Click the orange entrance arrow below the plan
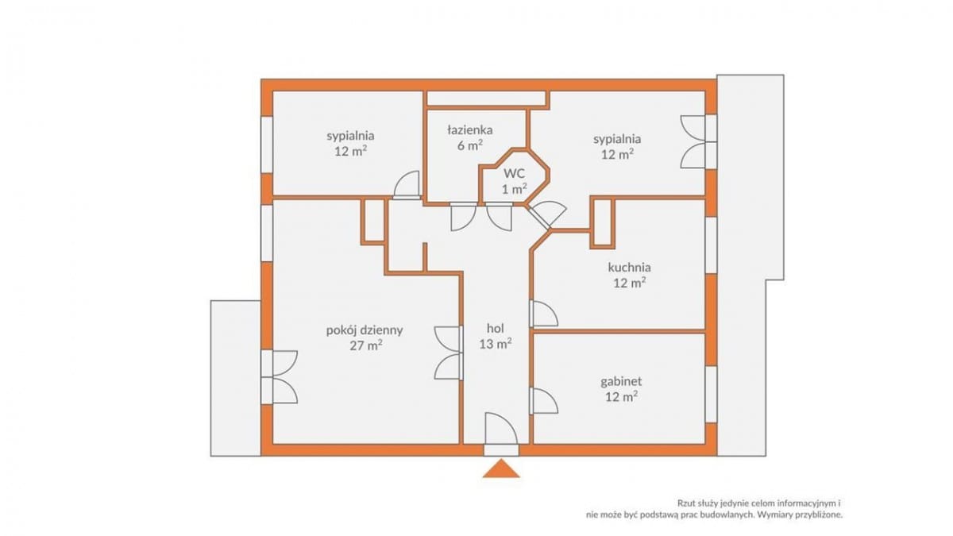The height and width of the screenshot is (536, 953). point(501,469)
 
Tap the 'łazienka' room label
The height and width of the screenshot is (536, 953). point(469,129)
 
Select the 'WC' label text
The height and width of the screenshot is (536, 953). point(515,173)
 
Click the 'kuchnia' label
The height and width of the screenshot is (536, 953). point(629,268)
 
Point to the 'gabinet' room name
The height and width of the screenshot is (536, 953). point(621,382)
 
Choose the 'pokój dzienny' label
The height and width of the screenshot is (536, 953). point(365,330)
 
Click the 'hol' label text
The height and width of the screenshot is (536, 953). point(496,328)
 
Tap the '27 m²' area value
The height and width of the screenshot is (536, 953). point(366,345)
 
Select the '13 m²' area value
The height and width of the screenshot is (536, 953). point(496,344)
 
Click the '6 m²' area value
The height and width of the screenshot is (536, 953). point(469,145)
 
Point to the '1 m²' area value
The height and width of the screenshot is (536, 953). point(515,189)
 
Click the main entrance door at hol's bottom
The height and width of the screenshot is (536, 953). point(501,434)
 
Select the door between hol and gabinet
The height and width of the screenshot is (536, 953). point(543,400)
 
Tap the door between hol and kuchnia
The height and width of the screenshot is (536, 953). point(543,314)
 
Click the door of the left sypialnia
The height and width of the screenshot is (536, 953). point(407,185)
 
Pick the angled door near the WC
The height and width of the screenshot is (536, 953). point(546,215)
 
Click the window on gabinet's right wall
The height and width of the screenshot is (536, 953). point(711,394)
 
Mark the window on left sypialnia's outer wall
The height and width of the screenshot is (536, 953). point(267,145)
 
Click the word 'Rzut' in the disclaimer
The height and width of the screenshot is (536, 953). point(687,503)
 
